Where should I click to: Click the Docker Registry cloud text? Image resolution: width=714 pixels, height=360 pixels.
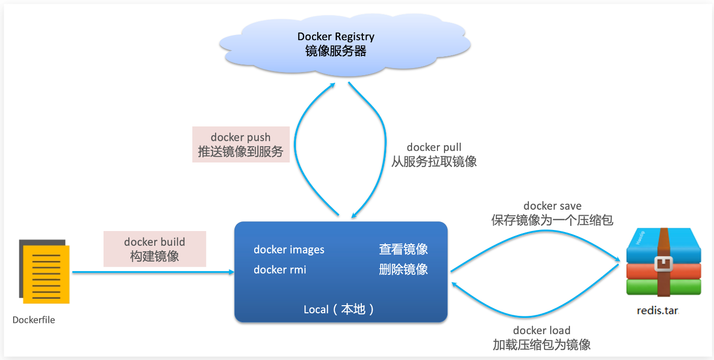click(335, 37)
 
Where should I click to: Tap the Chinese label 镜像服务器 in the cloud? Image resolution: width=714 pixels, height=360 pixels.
click(335, 51)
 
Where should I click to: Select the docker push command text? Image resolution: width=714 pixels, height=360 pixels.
click(241, 138)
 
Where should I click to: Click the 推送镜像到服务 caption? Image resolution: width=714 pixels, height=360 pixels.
click(241, 151)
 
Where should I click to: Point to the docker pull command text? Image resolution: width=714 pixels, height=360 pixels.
click(434, 147)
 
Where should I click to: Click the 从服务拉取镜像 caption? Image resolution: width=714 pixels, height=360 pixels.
click(434, 161)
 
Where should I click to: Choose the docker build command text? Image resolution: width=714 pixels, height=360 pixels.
click(154, 242)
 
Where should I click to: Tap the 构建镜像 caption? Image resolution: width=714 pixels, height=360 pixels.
click(154, 256)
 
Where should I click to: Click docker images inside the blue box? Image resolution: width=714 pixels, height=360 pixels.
click(289, 250)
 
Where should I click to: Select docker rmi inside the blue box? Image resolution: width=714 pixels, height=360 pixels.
click(280, 270)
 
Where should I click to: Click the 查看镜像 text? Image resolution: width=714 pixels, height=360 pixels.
click(403, 249)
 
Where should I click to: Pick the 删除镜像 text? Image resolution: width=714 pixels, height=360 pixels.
click(403, 270)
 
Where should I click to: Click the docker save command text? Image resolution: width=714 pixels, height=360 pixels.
click(552, 206)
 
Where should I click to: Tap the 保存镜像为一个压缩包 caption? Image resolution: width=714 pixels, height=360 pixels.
click(552, 220)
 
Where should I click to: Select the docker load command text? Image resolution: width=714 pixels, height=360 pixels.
click(541, 331)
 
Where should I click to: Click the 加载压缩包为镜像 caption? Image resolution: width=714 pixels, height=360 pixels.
click(541, 345)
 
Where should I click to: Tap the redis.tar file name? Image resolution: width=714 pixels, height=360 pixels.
click(657, 310)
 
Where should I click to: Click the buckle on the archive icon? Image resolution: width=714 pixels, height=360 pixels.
click(663, 264)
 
